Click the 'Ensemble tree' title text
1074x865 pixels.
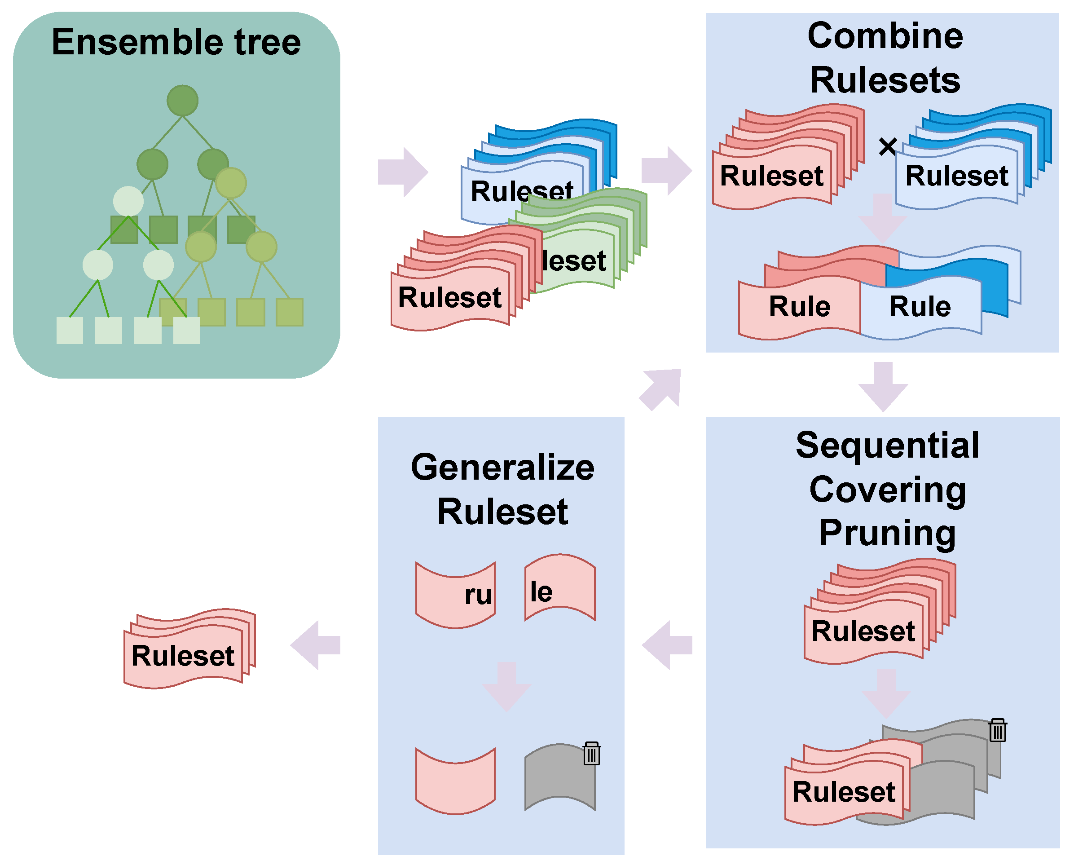176,42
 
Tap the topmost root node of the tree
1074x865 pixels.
182,100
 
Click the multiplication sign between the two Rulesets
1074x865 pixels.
888,146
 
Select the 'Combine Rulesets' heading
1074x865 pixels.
885,58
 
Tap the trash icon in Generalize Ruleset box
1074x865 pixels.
591,754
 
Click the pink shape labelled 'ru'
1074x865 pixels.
455,595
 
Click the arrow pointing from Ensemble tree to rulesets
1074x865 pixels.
402,172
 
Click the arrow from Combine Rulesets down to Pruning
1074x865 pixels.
883,386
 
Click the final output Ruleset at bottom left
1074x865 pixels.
183,655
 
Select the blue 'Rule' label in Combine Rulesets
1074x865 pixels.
920,306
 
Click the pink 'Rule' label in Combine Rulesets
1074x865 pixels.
800,306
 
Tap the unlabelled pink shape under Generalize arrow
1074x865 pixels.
455,780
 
